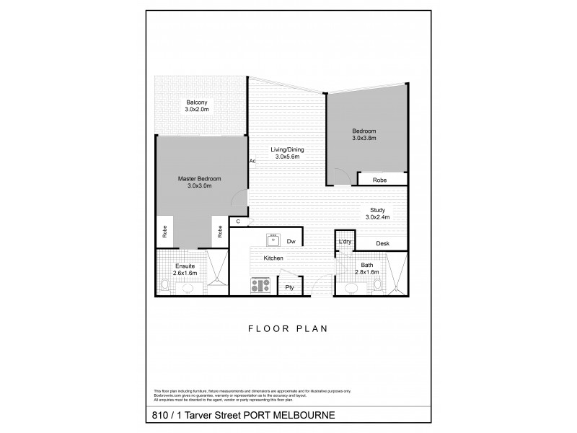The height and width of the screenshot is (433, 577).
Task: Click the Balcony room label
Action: (196, 102)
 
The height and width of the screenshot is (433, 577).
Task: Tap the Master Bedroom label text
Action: (199, 178)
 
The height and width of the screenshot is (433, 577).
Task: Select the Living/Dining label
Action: (287, 150)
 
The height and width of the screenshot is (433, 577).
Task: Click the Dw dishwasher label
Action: (291, 242)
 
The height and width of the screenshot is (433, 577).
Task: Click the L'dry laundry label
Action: (344, 242)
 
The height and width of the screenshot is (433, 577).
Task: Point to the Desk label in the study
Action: (382, 244)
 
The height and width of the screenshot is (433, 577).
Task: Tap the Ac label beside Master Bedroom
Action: (252, 161)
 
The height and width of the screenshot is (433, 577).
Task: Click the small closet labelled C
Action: (237, 222)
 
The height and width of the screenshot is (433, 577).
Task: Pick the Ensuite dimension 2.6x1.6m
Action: (184, 273)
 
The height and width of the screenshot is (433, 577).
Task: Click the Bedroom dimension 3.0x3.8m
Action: (364, 137)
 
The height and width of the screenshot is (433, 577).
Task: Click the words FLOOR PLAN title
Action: (288, 328)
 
